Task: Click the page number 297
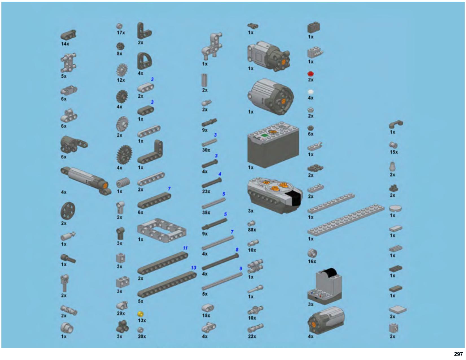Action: pos(458,354)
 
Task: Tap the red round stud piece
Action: pos(310,74)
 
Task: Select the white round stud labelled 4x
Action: pos(310,92)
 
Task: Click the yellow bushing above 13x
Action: pos(141,314)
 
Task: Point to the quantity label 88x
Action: pos(252,230)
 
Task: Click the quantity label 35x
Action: pos(206,212)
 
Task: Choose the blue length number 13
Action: pos(193,268)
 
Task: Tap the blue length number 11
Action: pos(185,248)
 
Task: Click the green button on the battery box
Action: pos(265,136)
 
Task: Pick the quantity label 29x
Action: pos(121,313)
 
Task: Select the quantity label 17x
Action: pos(121,32)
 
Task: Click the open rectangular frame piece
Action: pos(161,230)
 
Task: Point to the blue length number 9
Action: pos(240,269)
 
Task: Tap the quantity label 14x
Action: pos(65,44)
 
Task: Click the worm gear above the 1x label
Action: pos(123,183)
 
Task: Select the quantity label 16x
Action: pos(312,261)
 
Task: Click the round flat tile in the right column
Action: pos(395,208)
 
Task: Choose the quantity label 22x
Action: pos(252,336)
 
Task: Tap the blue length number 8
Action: pos(237,250)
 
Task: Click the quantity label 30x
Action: pos(206,150)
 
